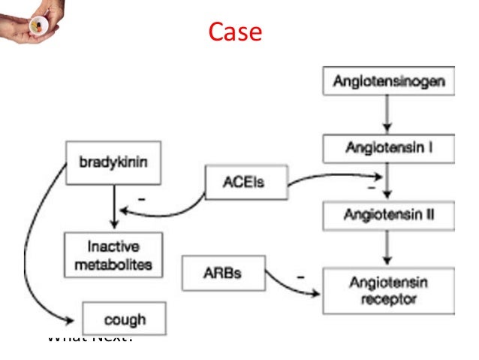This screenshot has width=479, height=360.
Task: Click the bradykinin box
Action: coord(113,162)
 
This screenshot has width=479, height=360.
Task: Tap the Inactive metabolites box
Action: coord(113,254)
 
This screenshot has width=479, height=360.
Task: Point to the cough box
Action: coord(125,319)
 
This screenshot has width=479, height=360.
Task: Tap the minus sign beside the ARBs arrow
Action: coord(301,277)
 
